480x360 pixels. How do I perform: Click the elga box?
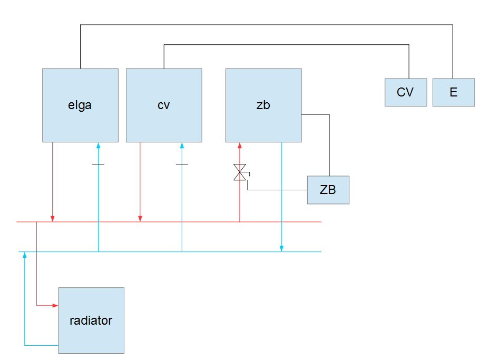[x=80, y=105]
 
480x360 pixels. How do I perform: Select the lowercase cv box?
[x=164, y=105]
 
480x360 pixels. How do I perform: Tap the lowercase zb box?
[x=263, y=105]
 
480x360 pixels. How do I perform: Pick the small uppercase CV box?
[x=405, y=92]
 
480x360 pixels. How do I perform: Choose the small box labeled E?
[x=453, y=92]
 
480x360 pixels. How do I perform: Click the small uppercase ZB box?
[x=328, y=190]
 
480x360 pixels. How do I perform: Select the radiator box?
[x=91, y=320]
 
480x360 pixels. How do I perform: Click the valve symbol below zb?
[x=240, y=172]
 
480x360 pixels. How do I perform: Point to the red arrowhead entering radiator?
[x=55, y=305]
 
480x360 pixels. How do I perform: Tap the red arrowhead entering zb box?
[x=240, y=145]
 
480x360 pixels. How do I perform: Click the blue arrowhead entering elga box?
[x=98, y=145]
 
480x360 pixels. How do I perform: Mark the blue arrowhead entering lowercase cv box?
[x=182, y=145]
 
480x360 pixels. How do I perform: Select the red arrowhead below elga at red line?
[x=53, y=218]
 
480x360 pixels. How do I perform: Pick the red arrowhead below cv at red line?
[x=140, y=218]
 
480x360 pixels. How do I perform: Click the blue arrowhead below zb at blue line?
[x=281, y=248]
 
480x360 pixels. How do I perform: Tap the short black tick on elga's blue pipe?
[x=98, y=164]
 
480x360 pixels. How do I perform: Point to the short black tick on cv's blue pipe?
[x=182, y=164]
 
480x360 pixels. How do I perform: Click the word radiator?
[x=91, y=320]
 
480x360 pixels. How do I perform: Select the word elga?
[x=80, y=105]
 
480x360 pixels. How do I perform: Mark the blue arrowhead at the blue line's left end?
[x=25, y=256]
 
